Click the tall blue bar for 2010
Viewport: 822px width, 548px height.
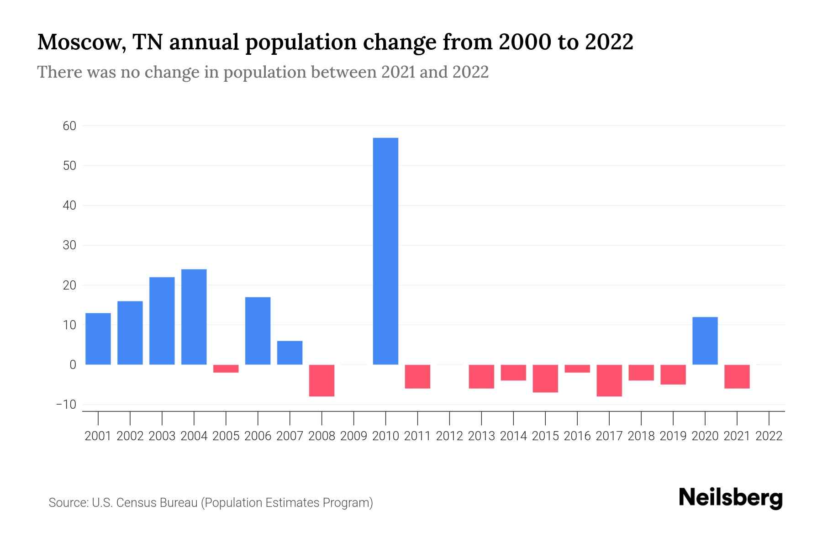pos(385,251)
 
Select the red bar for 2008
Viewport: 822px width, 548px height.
pos(321,380)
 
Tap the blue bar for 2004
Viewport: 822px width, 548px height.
pos(194,317)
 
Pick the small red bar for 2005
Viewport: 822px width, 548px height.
pos(226,369)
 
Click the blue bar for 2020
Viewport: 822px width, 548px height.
pos(705,341)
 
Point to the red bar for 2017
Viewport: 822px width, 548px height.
pos(609,380)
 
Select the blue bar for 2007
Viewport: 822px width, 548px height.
pos(290,353)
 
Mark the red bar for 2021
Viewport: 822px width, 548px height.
pos(737,376)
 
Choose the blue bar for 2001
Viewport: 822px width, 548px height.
pos(98,339)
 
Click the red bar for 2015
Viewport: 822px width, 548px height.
pos(545,379)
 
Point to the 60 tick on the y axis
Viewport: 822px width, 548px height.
pos(69,126)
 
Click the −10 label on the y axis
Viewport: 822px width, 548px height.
pos(66,405)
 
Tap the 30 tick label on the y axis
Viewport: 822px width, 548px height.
pos(69,246)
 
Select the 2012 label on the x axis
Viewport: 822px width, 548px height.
pos(449,436)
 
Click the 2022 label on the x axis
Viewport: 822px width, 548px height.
pos(769,436)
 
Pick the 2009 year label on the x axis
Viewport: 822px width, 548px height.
pos(353,436)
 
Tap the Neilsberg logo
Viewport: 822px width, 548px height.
pos(731,498)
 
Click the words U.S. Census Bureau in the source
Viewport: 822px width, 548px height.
pos(145,503)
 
